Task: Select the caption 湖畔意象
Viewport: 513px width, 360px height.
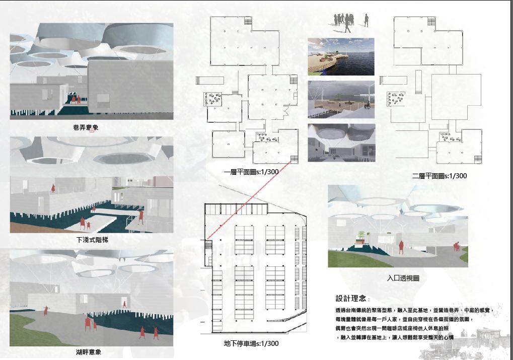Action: tap(89, 352)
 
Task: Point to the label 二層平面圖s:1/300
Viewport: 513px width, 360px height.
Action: tap(439, 176)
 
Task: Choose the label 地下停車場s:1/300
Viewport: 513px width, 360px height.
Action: tap(251, 344)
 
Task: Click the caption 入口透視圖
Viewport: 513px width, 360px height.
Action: tap(403, 278)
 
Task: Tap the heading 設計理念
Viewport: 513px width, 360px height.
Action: tap(352, 298)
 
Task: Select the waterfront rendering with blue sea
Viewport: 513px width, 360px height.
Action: tap(341, 56)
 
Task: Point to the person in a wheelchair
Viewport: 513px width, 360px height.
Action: tap(368, 105)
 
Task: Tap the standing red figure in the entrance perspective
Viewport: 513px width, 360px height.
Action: tap(401, 246)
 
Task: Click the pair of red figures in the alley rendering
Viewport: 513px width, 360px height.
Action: tap(76, 99)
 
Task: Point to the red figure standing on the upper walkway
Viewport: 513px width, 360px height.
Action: tap(53, 188)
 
